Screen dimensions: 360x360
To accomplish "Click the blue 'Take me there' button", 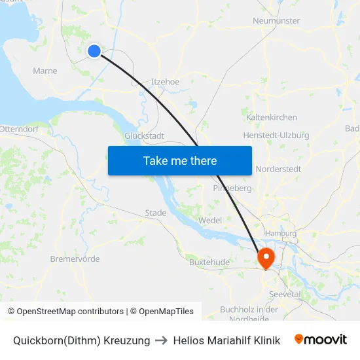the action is [x=180, y=160].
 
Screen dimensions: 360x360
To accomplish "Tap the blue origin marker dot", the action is [x=94, y=50].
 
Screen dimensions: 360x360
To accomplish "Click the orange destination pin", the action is [x=266, y=257].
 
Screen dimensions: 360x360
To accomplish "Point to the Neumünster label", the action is [x=276, y=21].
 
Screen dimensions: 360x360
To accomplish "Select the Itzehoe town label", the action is [x=165, y=82].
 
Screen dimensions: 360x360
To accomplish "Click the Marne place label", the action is [x=45, y=71].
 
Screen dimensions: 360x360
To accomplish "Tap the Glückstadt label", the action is [x=144, y=135].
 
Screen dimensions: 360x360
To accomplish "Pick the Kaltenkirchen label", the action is [x=272, y=118].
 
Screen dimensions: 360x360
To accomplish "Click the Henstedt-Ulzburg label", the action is [x=276, y=135].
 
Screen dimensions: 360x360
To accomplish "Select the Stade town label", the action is [x=156, y=213].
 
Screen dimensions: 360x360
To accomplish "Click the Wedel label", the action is [x=209, y=221].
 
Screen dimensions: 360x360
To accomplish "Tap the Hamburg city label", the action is [x=281, y=233].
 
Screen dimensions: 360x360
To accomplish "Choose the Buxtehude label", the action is [x=209, y=262].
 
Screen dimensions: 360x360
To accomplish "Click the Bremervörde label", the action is [x=75, y=259].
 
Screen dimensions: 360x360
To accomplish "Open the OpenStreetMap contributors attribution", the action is [x=65, y=312].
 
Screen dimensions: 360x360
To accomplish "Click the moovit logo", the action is [x=320, y=340].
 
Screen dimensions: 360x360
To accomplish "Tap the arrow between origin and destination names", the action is [x=162, y=340].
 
